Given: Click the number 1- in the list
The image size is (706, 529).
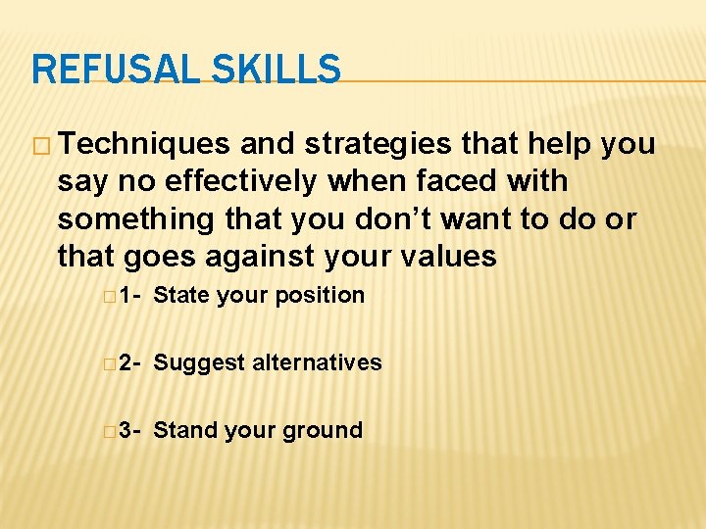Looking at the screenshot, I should click(130, 295).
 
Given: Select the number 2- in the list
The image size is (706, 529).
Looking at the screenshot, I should click(130, 362).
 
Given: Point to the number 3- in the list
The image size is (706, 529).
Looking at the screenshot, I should click(130, 430).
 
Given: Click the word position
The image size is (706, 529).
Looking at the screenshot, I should click(320, 296).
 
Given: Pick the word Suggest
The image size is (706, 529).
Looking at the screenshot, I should click(199, 363).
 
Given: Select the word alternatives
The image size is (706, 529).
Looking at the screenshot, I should click(317, 362).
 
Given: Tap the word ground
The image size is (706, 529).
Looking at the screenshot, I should click(324, 431).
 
